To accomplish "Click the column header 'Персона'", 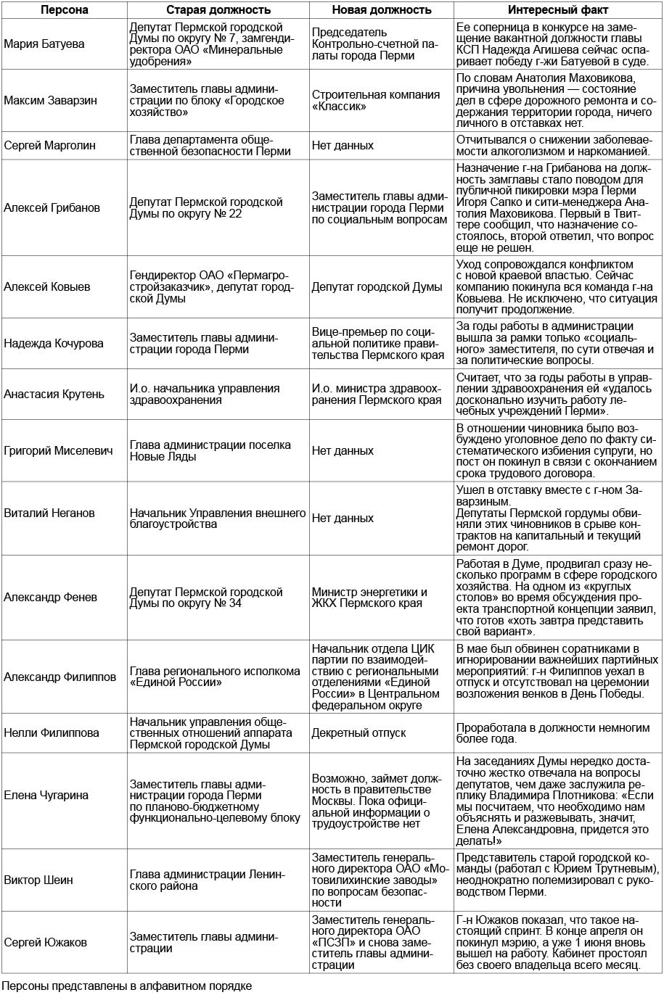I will click(65, 10).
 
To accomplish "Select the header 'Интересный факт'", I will click(559, 10).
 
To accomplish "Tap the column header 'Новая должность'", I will click(381, 10).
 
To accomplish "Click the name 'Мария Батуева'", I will click(44, 44).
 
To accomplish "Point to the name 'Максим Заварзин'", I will click(52, 101).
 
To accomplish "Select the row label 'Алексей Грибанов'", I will click(52, 207).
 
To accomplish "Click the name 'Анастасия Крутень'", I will click(54, 395).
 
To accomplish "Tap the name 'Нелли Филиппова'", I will click(52, 732).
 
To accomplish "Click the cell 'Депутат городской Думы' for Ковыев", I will click(377, 286).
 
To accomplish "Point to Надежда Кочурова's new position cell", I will click(380, 343).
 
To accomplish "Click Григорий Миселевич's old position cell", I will click(210, 450).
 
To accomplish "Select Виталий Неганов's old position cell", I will click(218, 518).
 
